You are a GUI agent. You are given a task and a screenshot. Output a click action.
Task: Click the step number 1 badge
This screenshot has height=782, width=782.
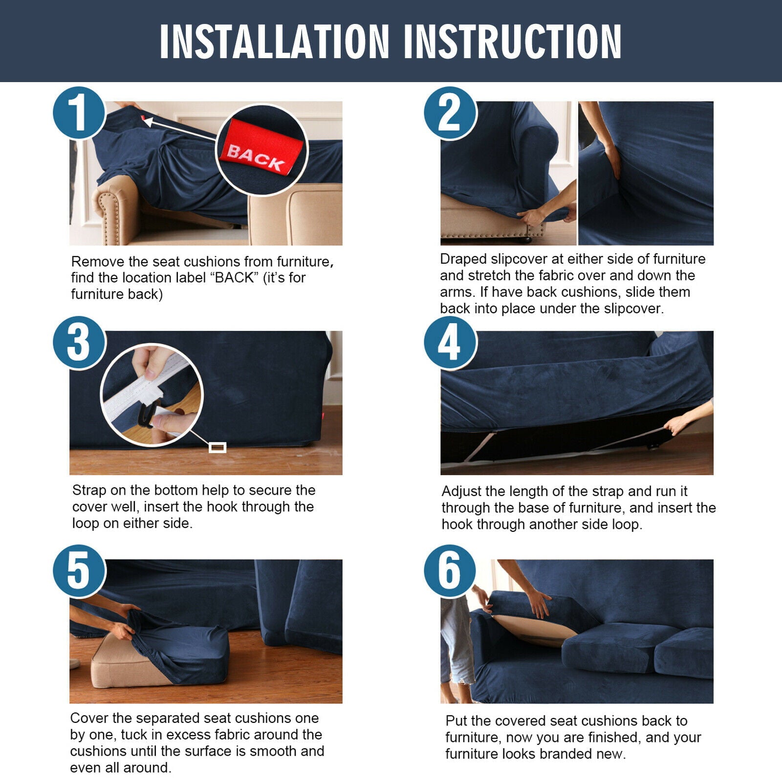[79, 113]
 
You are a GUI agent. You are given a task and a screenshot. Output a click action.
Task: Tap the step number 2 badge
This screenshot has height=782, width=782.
[450, 113]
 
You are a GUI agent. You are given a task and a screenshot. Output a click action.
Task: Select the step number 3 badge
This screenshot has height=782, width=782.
[79, 343]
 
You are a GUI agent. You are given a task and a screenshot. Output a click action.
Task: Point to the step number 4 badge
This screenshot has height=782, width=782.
[450, 343]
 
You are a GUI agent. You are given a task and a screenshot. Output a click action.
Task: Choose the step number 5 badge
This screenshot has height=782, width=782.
[79, 571]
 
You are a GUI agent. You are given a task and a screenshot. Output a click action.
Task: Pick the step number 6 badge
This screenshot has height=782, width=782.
[450, 571]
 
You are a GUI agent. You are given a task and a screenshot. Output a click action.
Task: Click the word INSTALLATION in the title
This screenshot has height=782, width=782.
[274, 42]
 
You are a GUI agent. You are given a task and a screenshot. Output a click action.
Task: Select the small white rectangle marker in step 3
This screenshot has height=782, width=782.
[217, 447]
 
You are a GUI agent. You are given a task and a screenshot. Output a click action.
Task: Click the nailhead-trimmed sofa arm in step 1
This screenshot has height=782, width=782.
[112, 208]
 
